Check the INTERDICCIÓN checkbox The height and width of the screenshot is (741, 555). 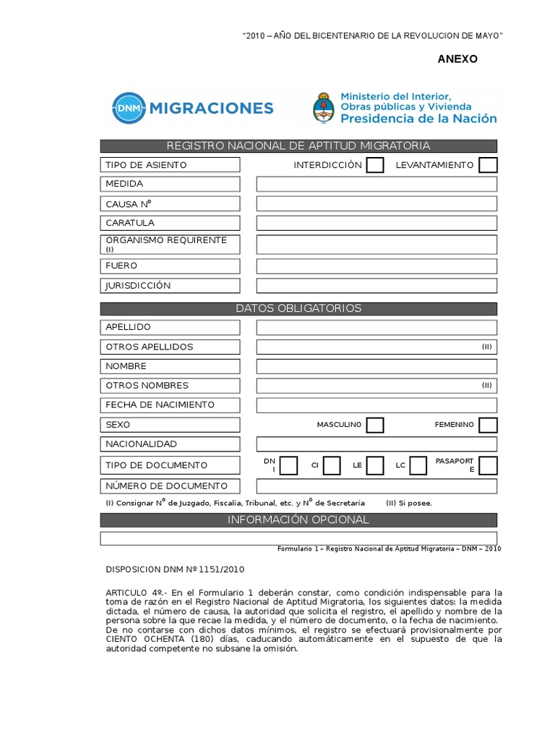tap(374, 165)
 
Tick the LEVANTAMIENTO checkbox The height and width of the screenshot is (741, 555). tap(489, 165)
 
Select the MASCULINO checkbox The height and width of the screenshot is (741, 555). tap(374, 425)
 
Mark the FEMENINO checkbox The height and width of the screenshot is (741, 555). tap(489, 425)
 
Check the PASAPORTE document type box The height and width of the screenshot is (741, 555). tap(489, 465)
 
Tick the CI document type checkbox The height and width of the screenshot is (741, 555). tap(332, 465)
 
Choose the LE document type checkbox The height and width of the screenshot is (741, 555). tap(374, 465)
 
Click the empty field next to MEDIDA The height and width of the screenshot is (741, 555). tap(377, 184)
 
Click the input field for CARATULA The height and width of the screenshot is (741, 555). tap(377, 223)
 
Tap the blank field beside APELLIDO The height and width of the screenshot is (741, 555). tap(377, 327)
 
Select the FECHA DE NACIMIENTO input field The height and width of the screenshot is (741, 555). tap(377, 405)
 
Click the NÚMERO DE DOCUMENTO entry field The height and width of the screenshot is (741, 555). tap(377, 486)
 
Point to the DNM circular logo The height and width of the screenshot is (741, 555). tap(128, 109)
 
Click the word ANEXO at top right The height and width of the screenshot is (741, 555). tap(457, 59)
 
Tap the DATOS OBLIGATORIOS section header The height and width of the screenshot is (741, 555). tap(298, 308)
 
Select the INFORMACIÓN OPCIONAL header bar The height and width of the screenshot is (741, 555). tap(298, 520)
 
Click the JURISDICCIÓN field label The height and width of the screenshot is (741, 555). tap(138, 286)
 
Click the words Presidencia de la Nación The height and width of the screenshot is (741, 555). tap(418, 118)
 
